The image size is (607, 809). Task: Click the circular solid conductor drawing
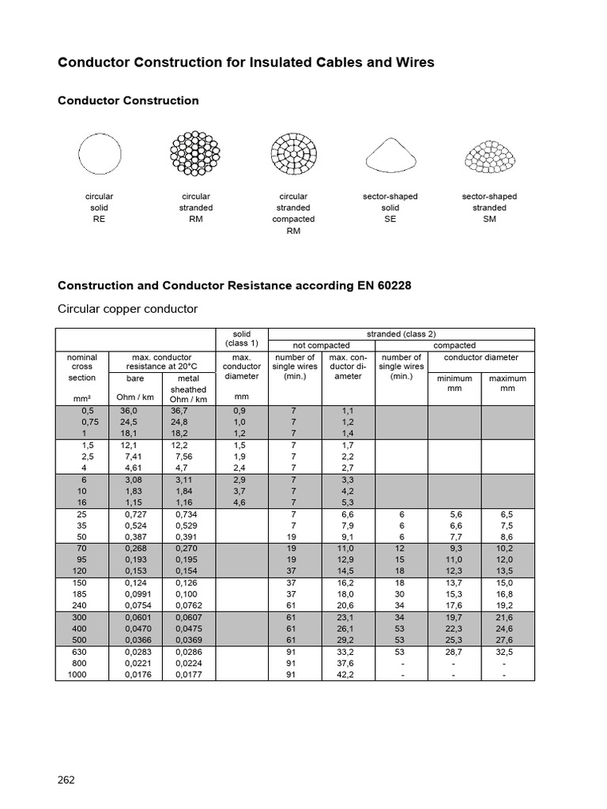pos(100,152)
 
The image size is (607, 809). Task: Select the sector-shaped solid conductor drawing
pos(390,153)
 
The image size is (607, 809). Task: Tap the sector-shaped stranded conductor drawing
pos(489,155)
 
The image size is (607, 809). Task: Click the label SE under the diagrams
pos(390,220)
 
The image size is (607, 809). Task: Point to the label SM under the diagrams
pos(489,220)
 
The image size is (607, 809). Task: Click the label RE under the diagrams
pos(100,220)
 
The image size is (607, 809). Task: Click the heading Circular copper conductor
pos(127,308)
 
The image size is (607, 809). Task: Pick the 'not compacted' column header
pos(321,345)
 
